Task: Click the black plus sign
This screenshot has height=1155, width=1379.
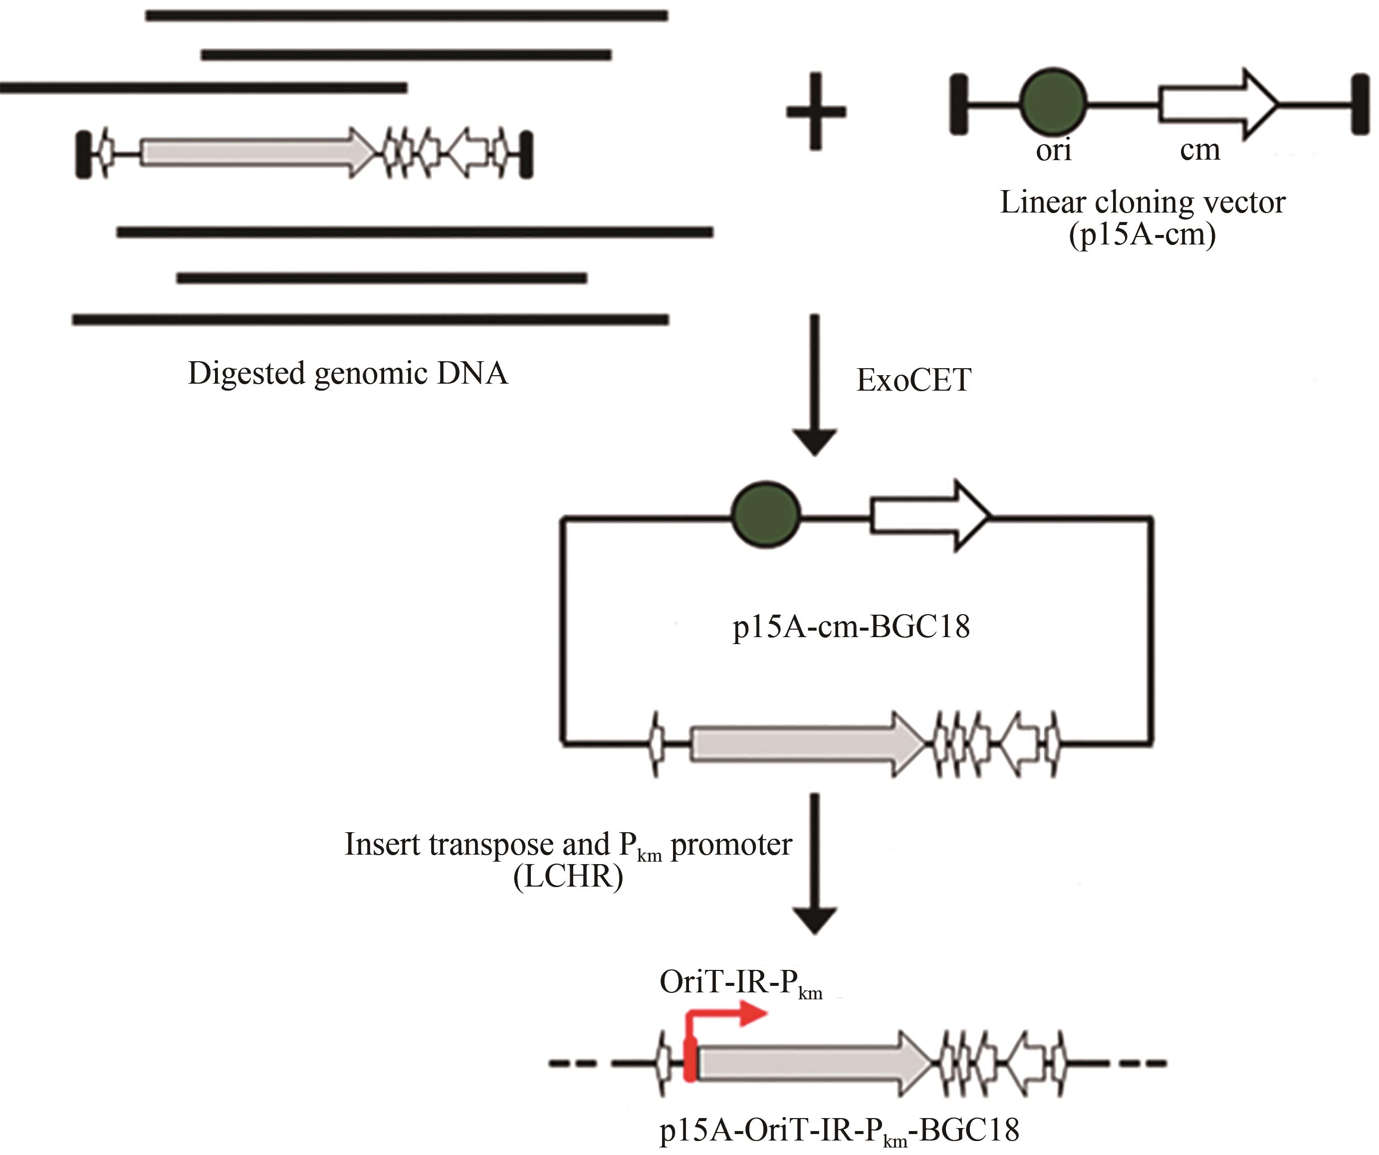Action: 816,112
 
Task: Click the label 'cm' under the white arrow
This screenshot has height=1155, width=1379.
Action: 1200,150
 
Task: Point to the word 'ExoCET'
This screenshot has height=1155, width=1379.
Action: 914,380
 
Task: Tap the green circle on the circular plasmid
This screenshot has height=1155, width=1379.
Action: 766,515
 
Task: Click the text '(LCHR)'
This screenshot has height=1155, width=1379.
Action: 568,877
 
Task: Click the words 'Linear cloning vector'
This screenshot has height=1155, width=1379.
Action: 1142,202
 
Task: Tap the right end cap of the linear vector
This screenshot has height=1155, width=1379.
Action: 1360,104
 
